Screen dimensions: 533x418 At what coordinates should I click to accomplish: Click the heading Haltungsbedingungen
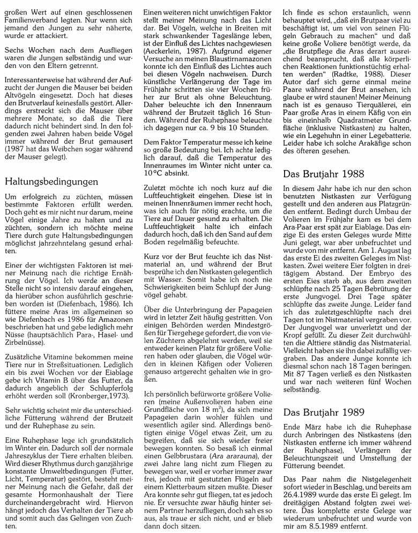pyautogui.click(x=51, y=182)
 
